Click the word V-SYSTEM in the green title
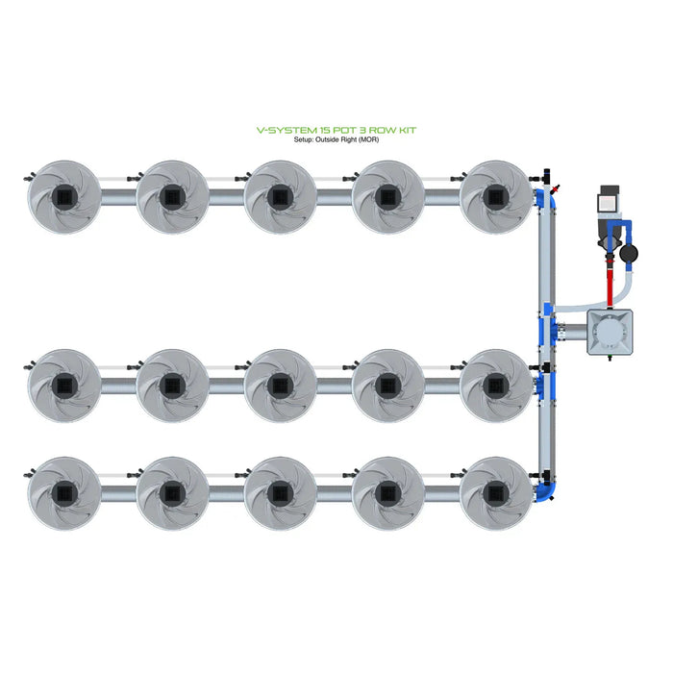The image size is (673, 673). pos(279,130)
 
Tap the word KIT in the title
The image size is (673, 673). pos(406,130)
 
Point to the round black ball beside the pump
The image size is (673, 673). pos(628,255)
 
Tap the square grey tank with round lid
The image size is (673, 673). pos(612,332)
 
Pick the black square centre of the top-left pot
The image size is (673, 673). pos(63,197)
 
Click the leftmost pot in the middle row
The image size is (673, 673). pos(63,386)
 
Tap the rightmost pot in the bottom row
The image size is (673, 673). pos(495,493)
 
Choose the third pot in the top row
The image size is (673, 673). pos(280,197)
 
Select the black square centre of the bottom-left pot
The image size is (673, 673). pos(63,493)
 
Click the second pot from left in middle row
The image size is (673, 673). pos(172,386)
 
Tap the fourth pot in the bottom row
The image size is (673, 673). pos(387,493)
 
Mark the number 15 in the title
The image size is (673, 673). pos(320,130)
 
